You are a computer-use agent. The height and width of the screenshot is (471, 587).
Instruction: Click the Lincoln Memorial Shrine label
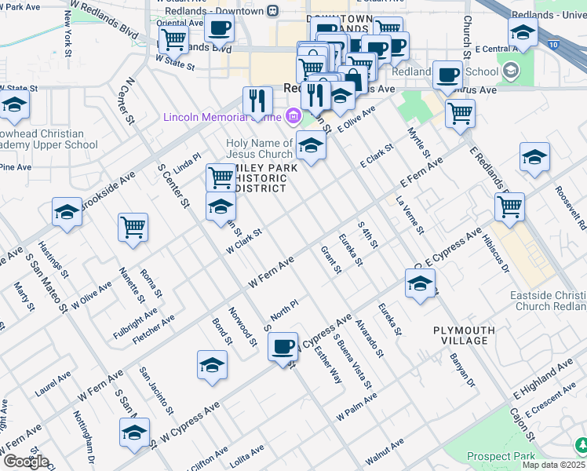click(222, 118)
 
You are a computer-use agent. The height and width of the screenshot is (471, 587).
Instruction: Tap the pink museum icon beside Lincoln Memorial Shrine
click(293, 117)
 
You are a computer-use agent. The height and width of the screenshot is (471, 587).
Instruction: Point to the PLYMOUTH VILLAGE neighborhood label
click(464, 337)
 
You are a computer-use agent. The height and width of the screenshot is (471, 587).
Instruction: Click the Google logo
click(25, 462)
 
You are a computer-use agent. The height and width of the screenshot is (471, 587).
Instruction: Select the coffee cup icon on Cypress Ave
click(283, 346)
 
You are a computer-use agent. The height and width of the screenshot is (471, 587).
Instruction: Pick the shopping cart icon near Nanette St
click(133, 228)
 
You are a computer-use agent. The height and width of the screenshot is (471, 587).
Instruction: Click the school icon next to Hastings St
click(67, 212)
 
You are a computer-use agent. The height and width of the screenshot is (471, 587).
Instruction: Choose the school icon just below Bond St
click(212, 366)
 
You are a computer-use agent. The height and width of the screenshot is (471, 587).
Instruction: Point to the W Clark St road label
click(242, 241)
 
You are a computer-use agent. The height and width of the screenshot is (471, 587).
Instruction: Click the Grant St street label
click(331, 260)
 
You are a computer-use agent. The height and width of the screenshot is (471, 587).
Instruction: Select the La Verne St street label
click(410, 216)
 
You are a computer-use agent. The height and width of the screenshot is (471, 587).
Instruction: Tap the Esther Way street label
click(327, 363)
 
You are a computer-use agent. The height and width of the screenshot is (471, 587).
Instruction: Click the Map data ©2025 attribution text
click(552, 465)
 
